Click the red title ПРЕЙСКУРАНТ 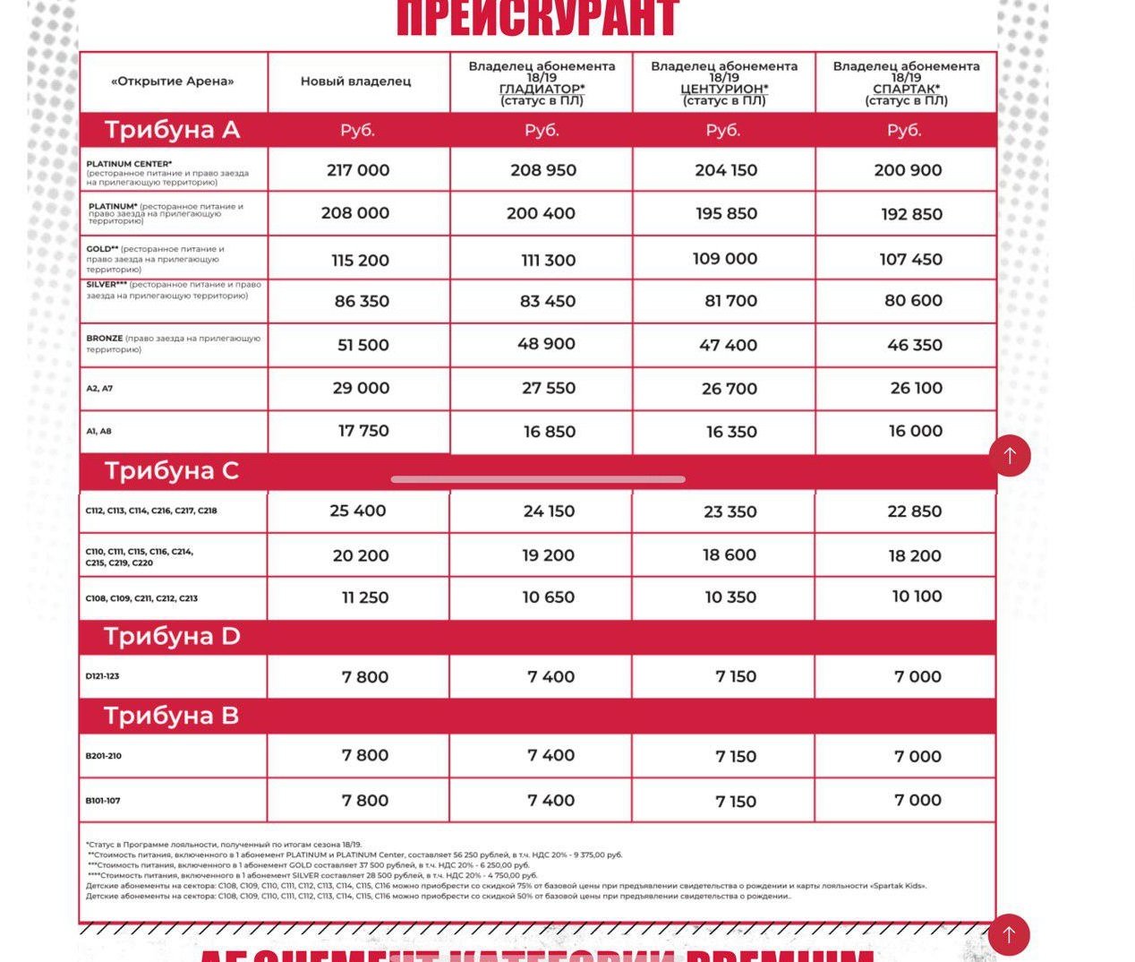click(537, 18)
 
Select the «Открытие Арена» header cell click(173, 82)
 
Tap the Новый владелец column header click(355, 82)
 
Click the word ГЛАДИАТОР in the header click(541, 89)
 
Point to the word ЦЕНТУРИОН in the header click(723, 89)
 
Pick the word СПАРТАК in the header click(905, 89)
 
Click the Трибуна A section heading click(172, 130)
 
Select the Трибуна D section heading click(172, 636)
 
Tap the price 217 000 click(358, 170)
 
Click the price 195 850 click(726, 213)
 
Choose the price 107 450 click(910, 259)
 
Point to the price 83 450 click(548, 301)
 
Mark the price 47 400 click(728, 345)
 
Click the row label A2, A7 click(99, 389)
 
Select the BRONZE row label click(105, 339)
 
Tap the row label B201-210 click(104, 756)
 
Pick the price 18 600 click(729, 554)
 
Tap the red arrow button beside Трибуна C click(1010, 456)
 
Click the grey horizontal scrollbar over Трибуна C click(538, 479)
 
